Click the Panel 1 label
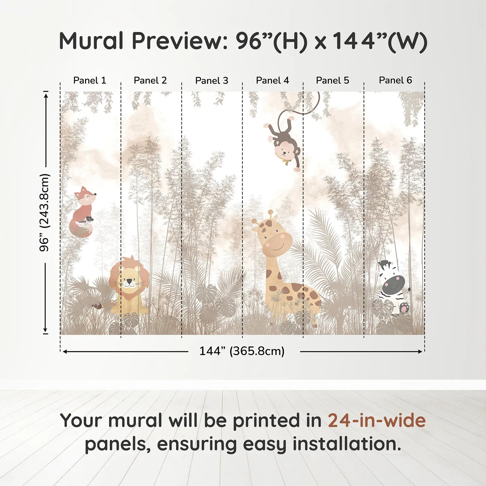(90, 81)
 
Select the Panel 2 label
(150, 81)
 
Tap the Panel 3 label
(212, 81)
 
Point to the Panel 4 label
(273, 81)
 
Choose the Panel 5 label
(333, 81)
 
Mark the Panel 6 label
(395, 81)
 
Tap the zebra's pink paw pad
(404, 307)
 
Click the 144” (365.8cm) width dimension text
(242, 351)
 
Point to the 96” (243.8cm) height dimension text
(44, 212)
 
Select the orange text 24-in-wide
(377, 421)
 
